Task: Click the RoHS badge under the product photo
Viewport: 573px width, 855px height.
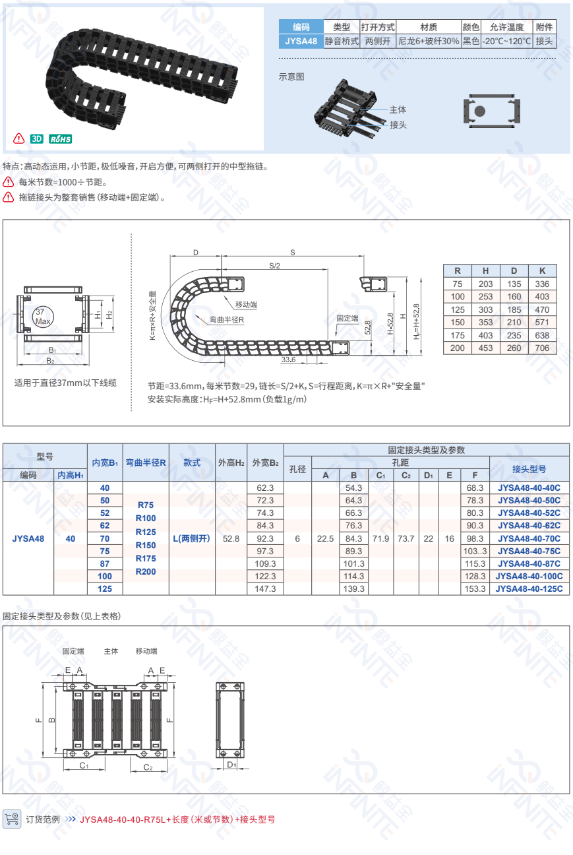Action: coord(60,139)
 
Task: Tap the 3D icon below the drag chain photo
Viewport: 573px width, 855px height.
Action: coord(37,139)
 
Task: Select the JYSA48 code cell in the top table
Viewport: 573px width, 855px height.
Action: coord(301,41)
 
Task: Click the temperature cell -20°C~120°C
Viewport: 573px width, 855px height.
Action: coord(506,41)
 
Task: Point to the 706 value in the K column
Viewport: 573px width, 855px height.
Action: coord(542,348)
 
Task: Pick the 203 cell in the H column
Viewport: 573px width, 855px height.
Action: coord(485,284)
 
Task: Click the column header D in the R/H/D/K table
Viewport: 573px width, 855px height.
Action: coord(514,270)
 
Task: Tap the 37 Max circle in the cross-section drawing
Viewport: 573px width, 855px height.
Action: coord(43,316)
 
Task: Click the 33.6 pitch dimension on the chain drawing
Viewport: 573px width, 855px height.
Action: coord(288,360)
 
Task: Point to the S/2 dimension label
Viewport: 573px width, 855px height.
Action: coord(275,266)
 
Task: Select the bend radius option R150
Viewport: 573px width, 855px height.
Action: coord(146,545)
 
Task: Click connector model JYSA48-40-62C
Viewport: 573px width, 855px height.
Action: coord(529,526)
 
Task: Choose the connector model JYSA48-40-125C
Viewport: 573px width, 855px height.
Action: coord(529,588)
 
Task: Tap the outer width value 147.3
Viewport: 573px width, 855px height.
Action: coord(264,588)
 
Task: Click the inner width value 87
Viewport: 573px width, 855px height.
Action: coord(105,563)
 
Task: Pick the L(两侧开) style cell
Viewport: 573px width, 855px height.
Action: coord(192,538)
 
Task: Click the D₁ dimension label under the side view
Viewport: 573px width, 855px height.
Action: coord(231,764)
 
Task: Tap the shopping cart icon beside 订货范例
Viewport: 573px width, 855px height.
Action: coord(12,819)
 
